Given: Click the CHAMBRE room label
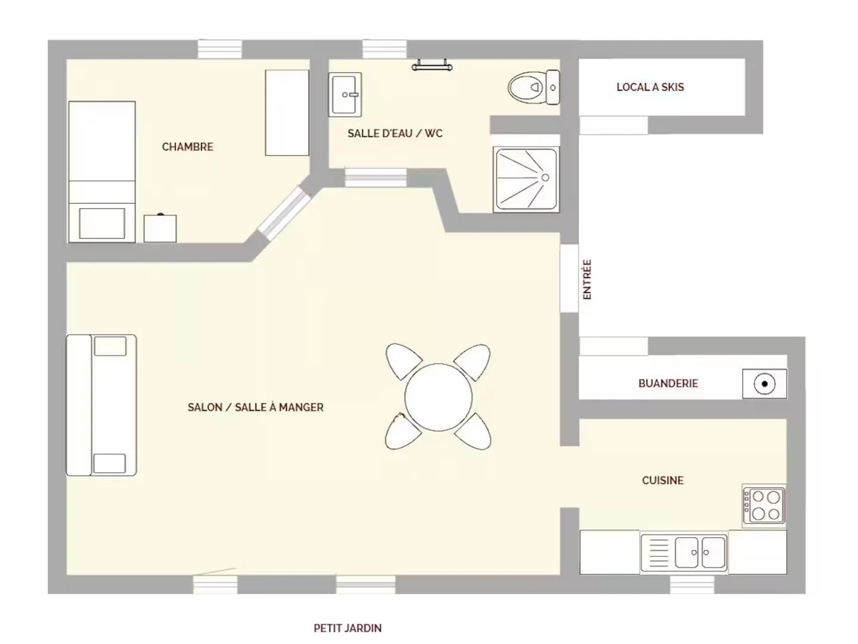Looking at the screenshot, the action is (187, 147).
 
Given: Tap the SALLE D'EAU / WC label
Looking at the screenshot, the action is (395, 133).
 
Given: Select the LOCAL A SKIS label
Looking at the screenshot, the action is (650, 87).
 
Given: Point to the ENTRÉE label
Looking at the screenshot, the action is (587, 280).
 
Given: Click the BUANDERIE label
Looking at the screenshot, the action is (668, 384).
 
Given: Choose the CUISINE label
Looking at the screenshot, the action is (663, 480).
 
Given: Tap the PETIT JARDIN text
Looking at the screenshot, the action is (347, 628).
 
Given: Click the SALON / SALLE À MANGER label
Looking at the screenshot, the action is (256, 407).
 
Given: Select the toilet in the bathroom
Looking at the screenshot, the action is (534, 87).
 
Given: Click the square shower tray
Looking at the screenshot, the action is (526, 180).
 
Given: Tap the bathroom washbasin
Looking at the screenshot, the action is (345, 94).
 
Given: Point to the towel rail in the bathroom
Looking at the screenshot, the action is (432, 66).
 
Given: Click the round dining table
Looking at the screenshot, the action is (438, 397).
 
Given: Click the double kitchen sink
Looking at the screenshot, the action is (684, 553).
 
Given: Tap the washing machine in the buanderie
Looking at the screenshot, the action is (764, 384).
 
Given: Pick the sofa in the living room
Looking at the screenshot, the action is (102, 405).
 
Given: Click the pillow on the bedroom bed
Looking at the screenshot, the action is (102, 223).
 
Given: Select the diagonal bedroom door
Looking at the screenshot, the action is (284, 213).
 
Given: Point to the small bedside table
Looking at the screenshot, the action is (160, 228).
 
